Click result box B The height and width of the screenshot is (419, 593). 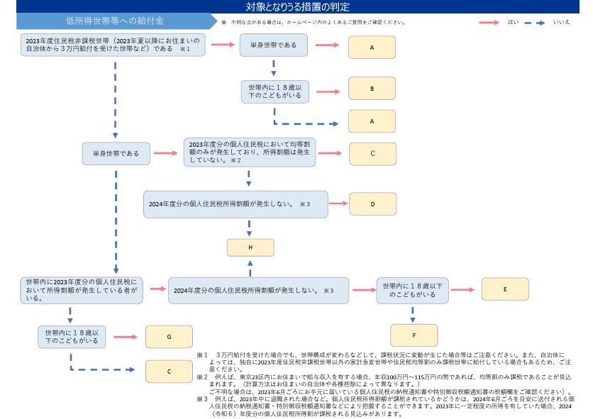(x=371, y=89)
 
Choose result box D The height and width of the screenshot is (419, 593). (x=372, y=203)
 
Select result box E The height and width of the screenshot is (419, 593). (x=504, y=289)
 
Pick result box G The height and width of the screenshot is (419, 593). (x=169, y=337)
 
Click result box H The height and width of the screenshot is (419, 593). (x=250, y=247)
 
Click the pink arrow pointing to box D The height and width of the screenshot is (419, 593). (x=340, y=203)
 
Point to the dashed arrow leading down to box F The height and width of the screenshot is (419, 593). (x=413, y=312)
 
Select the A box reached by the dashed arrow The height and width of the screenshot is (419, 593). (x=371, y=122)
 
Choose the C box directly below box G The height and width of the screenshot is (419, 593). (x=169, y=371)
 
